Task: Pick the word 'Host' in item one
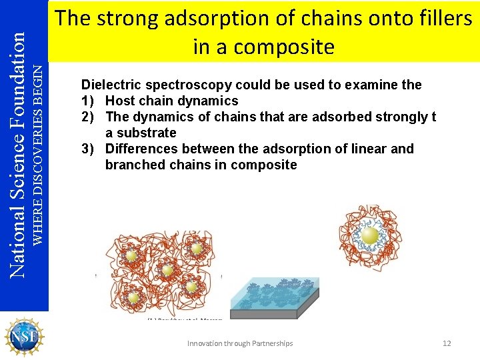pyautogui.click(x=120, y=101)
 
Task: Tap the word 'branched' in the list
pyautogui.click(x=134, y=165)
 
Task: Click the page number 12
pyautogui.click(x=447, y=343)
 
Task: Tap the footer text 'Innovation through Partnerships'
pyautogui.click(x=240, y=343)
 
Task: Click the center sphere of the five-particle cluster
pyautogui.click(x=168, y=270)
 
